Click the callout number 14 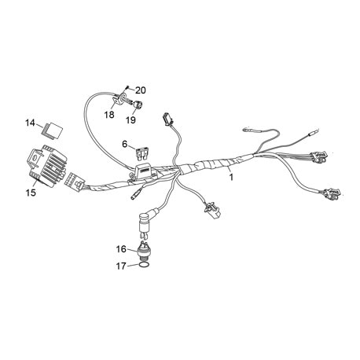tap(30, 123)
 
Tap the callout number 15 tap(31, 193)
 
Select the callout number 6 tap(125, 144)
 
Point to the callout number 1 tap(231, 178)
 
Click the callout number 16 tap(121, 249)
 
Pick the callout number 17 tap(121, 266)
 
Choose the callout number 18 tap(109, 115)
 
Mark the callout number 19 tap(130, 120)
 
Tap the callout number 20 tap(141, 90)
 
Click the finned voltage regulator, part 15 tap(47, 166)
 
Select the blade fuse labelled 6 tap(141, 153)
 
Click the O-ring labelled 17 tap(145, 265)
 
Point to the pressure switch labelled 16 tap(144, 251)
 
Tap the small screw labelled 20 tap(127, 86)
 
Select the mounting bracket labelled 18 tap(119, 99)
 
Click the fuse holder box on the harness tap(143, 171)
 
